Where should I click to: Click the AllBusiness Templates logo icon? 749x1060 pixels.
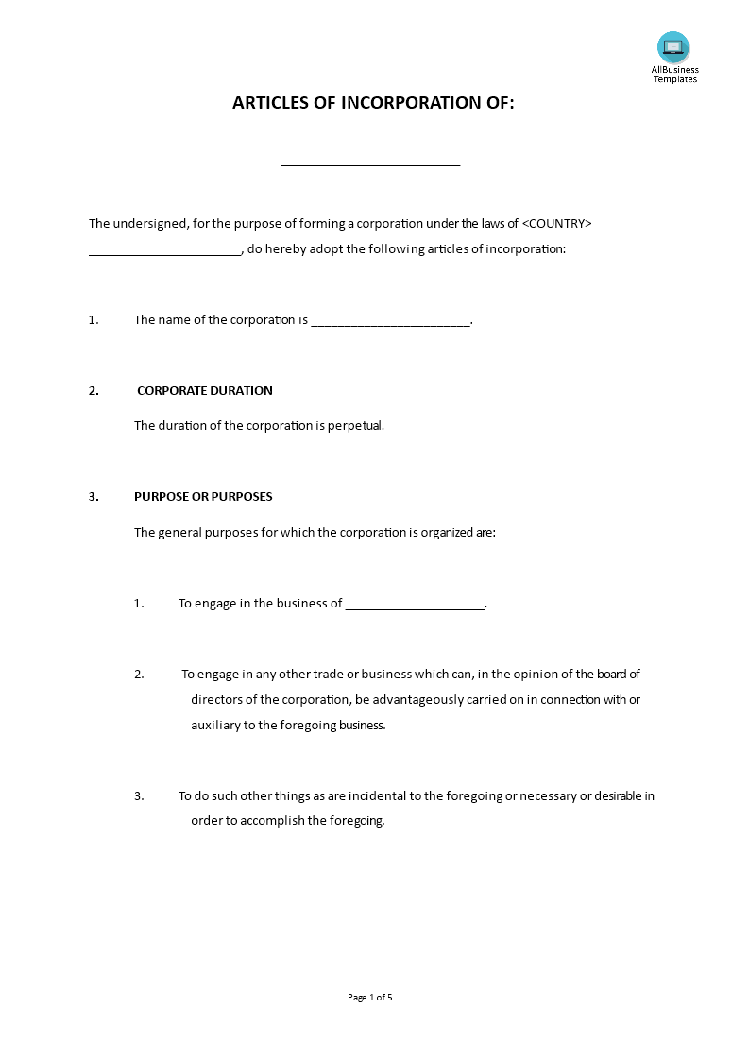[673, 47]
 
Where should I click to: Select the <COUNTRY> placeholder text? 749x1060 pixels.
[557, 224]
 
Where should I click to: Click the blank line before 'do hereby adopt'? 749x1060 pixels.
[165, 252]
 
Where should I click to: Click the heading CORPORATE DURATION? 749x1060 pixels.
[205, 390]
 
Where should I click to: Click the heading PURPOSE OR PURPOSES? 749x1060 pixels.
[203, 497]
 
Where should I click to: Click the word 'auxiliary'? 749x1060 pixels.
[215, 726]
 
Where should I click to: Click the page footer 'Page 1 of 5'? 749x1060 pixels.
[370, 997]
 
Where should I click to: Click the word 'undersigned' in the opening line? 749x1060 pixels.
[151, 224]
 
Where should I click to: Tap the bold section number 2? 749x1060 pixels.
[94, 390]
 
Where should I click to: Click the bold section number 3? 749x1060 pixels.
[94, 497]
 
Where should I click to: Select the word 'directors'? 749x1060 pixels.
[215, 700]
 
